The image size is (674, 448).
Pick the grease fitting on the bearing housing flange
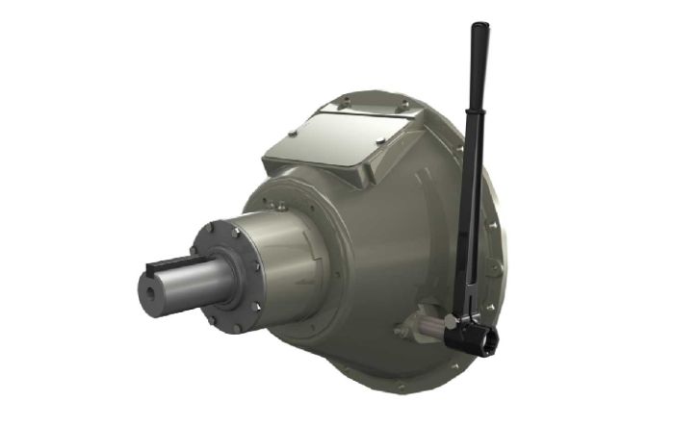tap(277, 205)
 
